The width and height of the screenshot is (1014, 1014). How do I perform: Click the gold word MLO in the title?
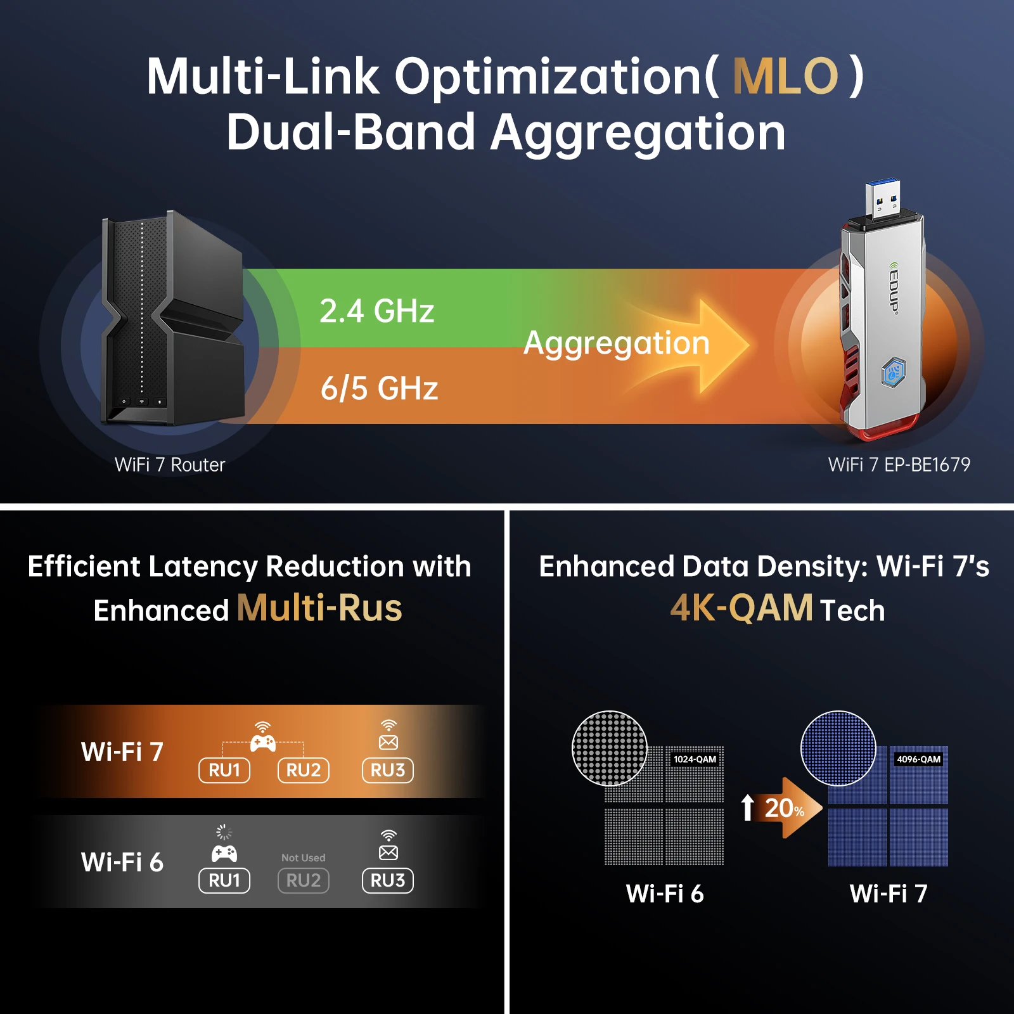coord(785,76)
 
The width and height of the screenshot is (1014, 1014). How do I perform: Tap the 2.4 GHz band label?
coord(376,311)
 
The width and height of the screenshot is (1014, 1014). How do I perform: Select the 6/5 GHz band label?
coord(379,388)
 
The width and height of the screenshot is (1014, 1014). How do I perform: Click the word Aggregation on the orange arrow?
coord(616,343)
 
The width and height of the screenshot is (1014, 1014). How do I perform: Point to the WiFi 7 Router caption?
coord(170,465)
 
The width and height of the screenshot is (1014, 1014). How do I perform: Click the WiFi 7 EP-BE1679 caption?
coord(899,465)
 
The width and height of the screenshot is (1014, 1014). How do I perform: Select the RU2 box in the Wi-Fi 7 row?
coord(304,770)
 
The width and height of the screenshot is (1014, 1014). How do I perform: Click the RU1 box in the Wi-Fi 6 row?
coord(224,880)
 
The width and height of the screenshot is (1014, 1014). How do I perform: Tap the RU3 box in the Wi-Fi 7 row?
coord(388,770)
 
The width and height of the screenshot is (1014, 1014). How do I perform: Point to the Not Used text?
coord(304,857)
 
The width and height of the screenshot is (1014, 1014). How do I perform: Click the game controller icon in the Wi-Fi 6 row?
coord(224,853)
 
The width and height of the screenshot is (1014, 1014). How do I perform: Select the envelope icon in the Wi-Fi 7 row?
coord(388,741)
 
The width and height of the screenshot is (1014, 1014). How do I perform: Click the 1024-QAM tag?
coord(695,759)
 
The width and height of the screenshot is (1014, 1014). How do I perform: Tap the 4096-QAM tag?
coord(918,759)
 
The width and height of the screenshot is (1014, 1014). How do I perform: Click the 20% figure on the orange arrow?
coord(784,808)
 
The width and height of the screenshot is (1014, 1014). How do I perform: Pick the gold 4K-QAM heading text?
coord(741,608)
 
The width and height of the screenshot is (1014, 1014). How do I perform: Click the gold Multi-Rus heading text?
coord(319,608)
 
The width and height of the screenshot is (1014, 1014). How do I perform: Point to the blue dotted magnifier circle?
coord(838,748)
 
